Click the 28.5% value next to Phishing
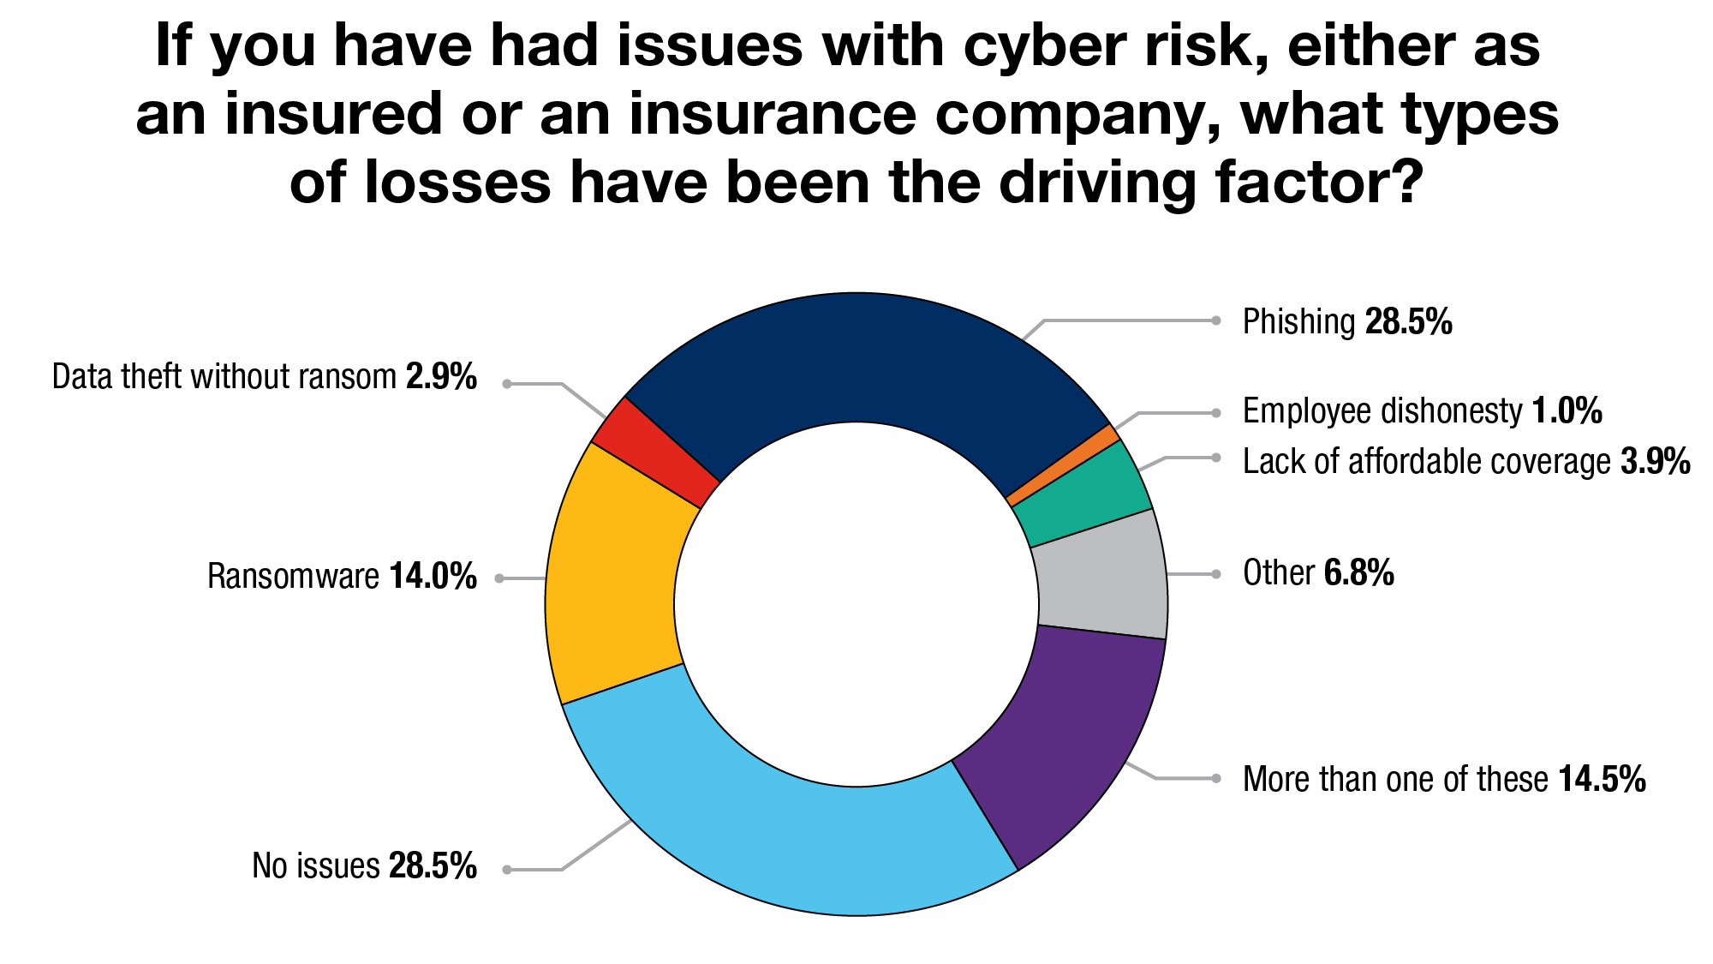point(1408,322)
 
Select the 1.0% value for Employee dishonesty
point(1567,411)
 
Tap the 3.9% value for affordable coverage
point(1655,462)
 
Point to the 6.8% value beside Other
point(1358,573)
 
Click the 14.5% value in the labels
point(1602,780)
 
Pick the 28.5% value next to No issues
point(433,866)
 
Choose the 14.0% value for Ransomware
point(433,577)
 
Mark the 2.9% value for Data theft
point(441,377)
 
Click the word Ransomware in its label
point(293,577)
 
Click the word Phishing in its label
point(1298,322)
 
